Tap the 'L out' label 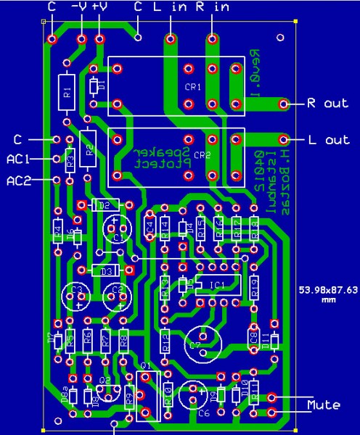pyautogui.click(x=327, y=139)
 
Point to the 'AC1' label pyautogui.click(x=18, y=157)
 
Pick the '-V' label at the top pyautogui.click(x=78, y=7)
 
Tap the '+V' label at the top pyautogui.click(x=99, y=7)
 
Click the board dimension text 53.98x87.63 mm pyautogui.click(x=328, y=294)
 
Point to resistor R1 pyautogui.click(x=67, y=93)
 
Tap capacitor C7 pyautogui.click(x=203, y=341)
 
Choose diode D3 pyautogui.click(x=106, y=270)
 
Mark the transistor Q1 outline pyautogui.click(x=147, y=396)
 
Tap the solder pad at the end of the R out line pyautogui.click(x=283, y=104)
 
